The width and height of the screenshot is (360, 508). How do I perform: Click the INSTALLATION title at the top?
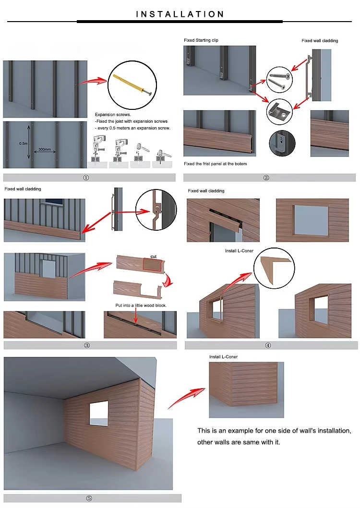(x=180, y=14)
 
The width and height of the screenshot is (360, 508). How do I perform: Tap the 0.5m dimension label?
(x=24, y=143)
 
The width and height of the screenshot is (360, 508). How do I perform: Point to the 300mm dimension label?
(x=45, y=149)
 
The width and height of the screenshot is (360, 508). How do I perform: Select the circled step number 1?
(x=86, y=177)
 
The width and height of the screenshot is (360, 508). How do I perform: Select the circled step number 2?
(x=266, y=177)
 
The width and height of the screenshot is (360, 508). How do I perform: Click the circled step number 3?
(x=87, y=345)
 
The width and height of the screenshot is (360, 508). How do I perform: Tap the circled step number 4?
(x=268, y=345)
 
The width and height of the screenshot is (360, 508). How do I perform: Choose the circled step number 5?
(x=89, y=498)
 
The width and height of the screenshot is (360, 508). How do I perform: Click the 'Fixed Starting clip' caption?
(x=201, y=40)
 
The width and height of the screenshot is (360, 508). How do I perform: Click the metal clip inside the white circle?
(x=279, y=112)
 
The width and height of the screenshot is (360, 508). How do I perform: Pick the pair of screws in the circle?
(x=279, y=80)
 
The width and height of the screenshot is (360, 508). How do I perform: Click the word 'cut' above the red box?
(x=154, y=257)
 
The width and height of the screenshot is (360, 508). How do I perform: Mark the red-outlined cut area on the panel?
(x=152, y=264)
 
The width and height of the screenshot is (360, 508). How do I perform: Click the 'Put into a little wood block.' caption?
(x=141, y=305)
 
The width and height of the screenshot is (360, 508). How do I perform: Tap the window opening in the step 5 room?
(x=99, y=413)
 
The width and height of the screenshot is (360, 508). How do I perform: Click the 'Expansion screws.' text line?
(x=113, y=114)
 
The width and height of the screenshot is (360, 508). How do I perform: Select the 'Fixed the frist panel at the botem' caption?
(x=216, y=164)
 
